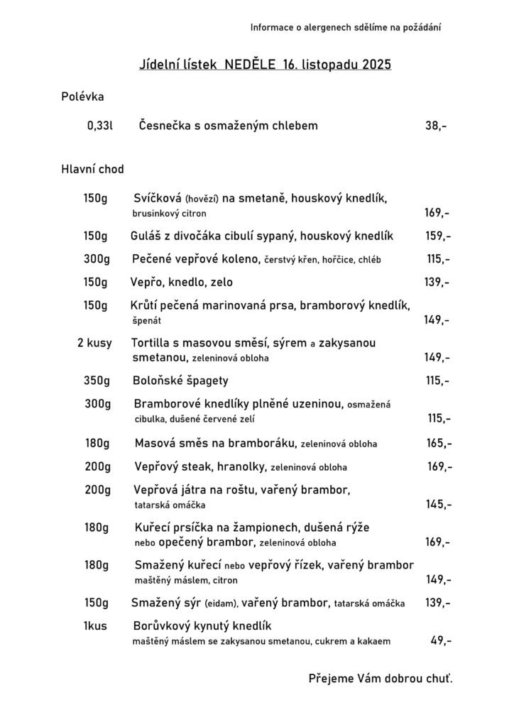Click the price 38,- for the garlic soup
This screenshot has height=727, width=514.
point(436,126)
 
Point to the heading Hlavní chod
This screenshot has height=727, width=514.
point(92,169)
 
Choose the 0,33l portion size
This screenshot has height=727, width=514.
point(100,126)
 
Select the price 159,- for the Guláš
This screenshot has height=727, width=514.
point(437,236)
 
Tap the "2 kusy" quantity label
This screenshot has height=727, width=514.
point(94,343)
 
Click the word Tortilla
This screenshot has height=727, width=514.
point(154,343)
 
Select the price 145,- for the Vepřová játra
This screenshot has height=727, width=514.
point(439,505)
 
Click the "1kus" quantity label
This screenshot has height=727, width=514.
point(95,626)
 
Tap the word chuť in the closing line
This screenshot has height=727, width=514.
point(437,679)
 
